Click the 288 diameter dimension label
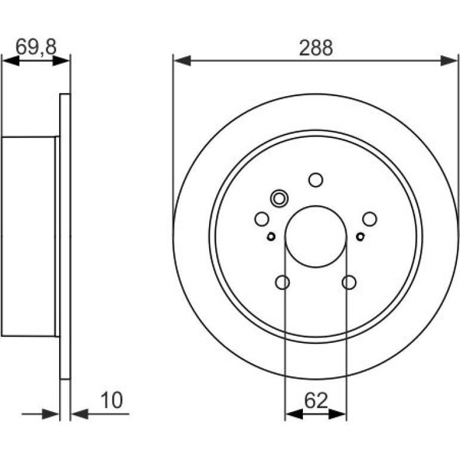316,48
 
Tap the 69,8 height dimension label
36,47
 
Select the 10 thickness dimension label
112,400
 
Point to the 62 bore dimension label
316,400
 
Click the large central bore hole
316,237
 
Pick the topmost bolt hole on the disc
316,180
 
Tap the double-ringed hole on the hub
280,198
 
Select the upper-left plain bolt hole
262,219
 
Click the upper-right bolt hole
370,219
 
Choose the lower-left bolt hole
283,282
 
